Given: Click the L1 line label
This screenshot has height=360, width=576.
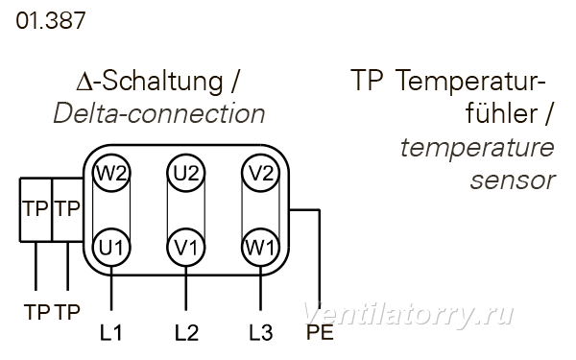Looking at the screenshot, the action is click(111, 333).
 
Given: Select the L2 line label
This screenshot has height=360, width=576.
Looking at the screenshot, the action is click(186, 333).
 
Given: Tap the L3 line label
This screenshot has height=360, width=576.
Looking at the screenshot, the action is click(261, 333).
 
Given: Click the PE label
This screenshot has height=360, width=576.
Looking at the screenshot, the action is click(320, 332).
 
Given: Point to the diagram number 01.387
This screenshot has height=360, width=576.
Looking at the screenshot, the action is click(51, 20).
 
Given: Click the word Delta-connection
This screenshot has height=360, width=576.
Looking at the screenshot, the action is click(159, 113).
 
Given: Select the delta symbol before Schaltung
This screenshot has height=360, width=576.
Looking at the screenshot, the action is click(84, 83).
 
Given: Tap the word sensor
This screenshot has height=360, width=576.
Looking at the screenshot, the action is click(513, 180).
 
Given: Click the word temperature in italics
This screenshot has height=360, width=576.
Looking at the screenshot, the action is click(477, 148).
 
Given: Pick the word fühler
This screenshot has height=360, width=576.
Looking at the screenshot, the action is click(502, 113).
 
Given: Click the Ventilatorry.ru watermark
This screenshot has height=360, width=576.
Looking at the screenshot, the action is click(408, 315).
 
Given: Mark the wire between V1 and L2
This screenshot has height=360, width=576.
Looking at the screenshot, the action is click(186, 288).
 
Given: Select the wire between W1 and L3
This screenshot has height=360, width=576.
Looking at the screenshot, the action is click(260, 288).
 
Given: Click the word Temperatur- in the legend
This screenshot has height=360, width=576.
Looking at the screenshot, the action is click(471, 81).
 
